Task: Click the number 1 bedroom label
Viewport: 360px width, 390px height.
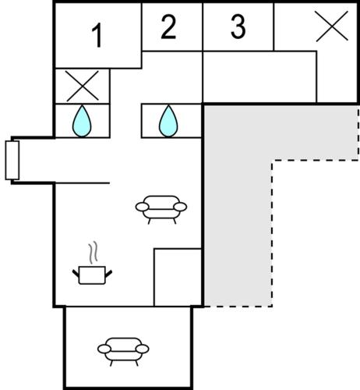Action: click(97, 35)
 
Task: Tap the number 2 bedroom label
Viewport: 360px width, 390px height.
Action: click(168, 27)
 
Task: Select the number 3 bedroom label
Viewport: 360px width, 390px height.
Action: click(238, 27)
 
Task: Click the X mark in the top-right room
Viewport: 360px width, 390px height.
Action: click(332, 26)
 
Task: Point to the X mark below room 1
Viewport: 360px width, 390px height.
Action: click(83, 86)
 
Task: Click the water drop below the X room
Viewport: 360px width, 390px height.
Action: click(82, 121)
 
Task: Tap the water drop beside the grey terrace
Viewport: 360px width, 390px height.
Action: click(168, 121)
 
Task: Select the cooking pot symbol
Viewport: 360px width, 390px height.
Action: click(92, 275)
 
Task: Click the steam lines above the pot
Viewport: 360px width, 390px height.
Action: click(94, 253)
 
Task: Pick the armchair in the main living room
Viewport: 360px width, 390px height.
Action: click(161, 209)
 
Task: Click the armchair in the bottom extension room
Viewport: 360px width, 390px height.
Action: click(123, 352)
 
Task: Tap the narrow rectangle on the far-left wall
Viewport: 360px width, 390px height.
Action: click(12, 160)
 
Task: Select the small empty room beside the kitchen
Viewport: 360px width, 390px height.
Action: click(178, 278)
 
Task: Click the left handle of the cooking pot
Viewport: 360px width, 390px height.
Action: click(76, 274)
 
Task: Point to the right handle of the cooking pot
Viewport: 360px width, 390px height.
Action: click(108, 274)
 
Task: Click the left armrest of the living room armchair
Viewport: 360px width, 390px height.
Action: click(142, 207)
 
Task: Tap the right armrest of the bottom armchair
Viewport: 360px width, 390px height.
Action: click(143, 349)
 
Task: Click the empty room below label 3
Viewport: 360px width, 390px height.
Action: click(259, 77)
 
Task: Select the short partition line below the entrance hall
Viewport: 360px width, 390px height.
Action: click(83, 183)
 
